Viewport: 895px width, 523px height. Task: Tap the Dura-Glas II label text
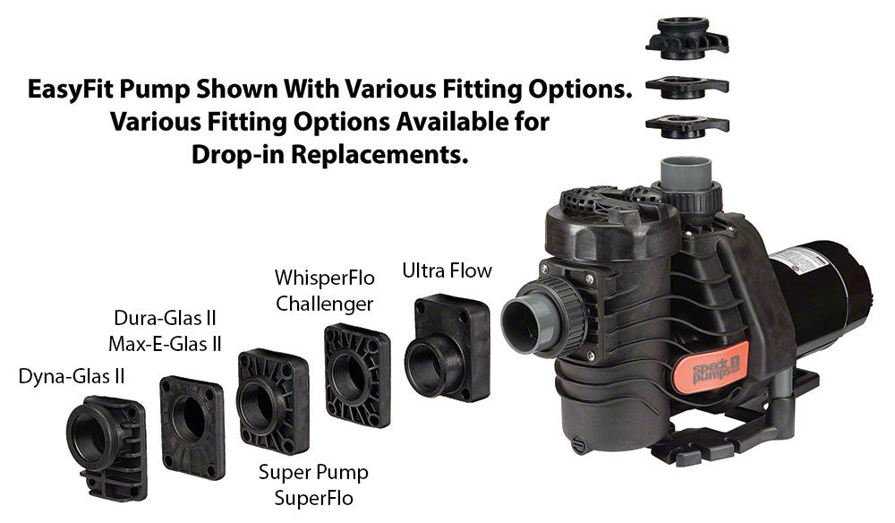tap(166, 317)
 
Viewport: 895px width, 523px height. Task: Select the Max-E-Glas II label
tap(166, 343)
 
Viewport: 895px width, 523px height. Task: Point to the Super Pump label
tap(313, 472)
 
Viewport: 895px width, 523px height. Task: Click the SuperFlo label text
tap(313, 497)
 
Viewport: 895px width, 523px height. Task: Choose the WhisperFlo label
tap(324, 278)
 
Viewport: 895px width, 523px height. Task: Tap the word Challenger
tap(324, 304)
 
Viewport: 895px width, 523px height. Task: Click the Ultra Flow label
tap(447, 270)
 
